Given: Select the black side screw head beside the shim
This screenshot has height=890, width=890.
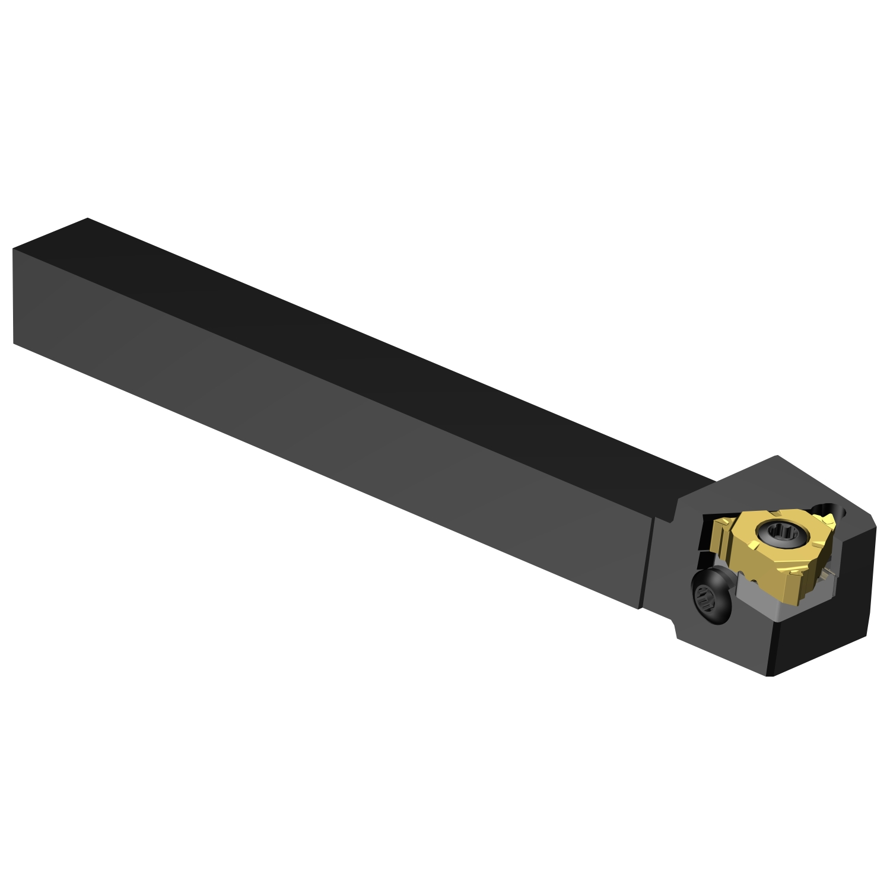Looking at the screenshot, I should pyautogui.click(x=711, y=597).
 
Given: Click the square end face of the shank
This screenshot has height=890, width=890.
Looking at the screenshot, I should pyautogui.click(x=36, y=297).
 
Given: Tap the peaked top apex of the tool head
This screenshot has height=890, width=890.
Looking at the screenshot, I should pyautogui.click(x=777, y=456).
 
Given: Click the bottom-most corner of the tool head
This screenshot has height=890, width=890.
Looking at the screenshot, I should pyautogui.click(x=770, y=675).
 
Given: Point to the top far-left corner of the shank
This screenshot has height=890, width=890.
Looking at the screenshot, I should pyautogui.click(x=87, y=218).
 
